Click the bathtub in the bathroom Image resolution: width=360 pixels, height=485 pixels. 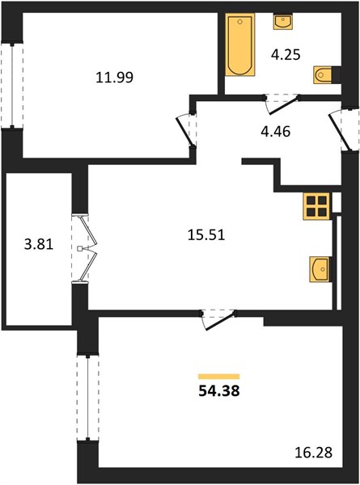[x=240, y=44]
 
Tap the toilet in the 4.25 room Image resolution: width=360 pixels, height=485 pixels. [x=323, y=74]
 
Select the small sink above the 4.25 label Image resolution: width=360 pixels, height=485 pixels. [x=282, y=22]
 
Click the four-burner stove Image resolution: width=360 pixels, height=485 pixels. [x=316, y=206]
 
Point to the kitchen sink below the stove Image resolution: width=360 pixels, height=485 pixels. [x=320, y=269]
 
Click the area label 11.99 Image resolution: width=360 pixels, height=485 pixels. [x=115, y=77]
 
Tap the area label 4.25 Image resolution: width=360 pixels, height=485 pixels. [x=286, y=55]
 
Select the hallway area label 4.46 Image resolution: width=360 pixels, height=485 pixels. [x=276, y=132]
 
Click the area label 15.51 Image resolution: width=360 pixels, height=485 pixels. [x=206, y=234]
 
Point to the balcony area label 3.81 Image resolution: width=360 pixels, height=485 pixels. [x=39, y=244]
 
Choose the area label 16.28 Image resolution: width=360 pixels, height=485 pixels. [x=314, y=453]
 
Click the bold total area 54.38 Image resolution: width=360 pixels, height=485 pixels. [x=219, y=391]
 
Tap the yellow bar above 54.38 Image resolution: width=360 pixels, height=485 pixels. [x=219, y=376]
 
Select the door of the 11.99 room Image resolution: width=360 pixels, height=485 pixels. [x=186, y=131]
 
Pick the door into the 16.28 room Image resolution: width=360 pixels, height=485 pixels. [x=219, y=320]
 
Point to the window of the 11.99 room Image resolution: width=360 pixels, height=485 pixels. [x=12, y=86]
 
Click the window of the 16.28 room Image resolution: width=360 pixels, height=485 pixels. [x=88, y=398]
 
